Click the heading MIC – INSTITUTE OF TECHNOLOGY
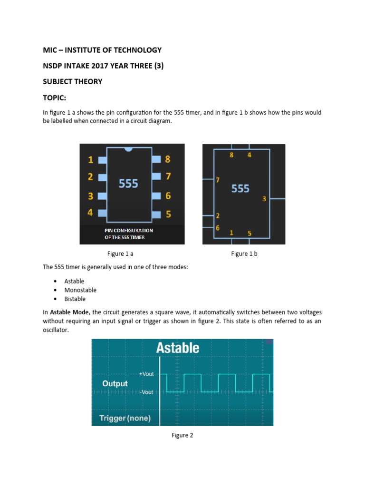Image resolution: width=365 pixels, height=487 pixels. [x=102, y=50]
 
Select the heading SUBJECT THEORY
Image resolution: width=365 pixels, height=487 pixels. [x=73, y=81]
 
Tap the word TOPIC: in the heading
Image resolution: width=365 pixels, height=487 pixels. [x=56, y=97]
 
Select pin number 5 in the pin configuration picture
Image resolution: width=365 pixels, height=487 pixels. [x=168, y=214]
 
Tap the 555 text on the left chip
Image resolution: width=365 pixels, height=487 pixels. [x=128, y=183]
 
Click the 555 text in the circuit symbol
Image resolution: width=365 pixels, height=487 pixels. [x=240, y=189]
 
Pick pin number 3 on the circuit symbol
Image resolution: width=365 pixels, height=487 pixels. [x=264, y=199]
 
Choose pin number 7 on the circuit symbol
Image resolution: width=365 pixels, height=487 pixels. [x=218, y=180]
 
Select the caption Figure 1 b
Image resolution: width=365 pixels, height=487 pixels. [x=244, y=254]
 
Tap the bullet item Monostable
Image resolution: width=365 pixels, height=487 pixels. [x=80, y=290]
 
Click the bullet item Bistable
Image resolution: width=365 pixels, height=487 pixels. [x=75, y=299]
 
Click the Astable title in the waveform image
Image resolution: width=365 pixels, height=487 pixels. [x=178, y=348]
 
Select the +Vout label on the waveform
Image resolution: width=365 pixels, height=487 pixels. [x=146, y=374]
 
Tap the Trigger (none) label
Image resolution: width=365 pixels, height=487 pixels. [x=125, y=419]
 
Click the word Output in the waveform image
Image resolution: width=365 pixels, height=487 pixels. [x=115, y=383]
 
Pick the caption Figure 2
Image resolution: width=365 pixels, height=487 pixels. [x=182, y=435]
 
